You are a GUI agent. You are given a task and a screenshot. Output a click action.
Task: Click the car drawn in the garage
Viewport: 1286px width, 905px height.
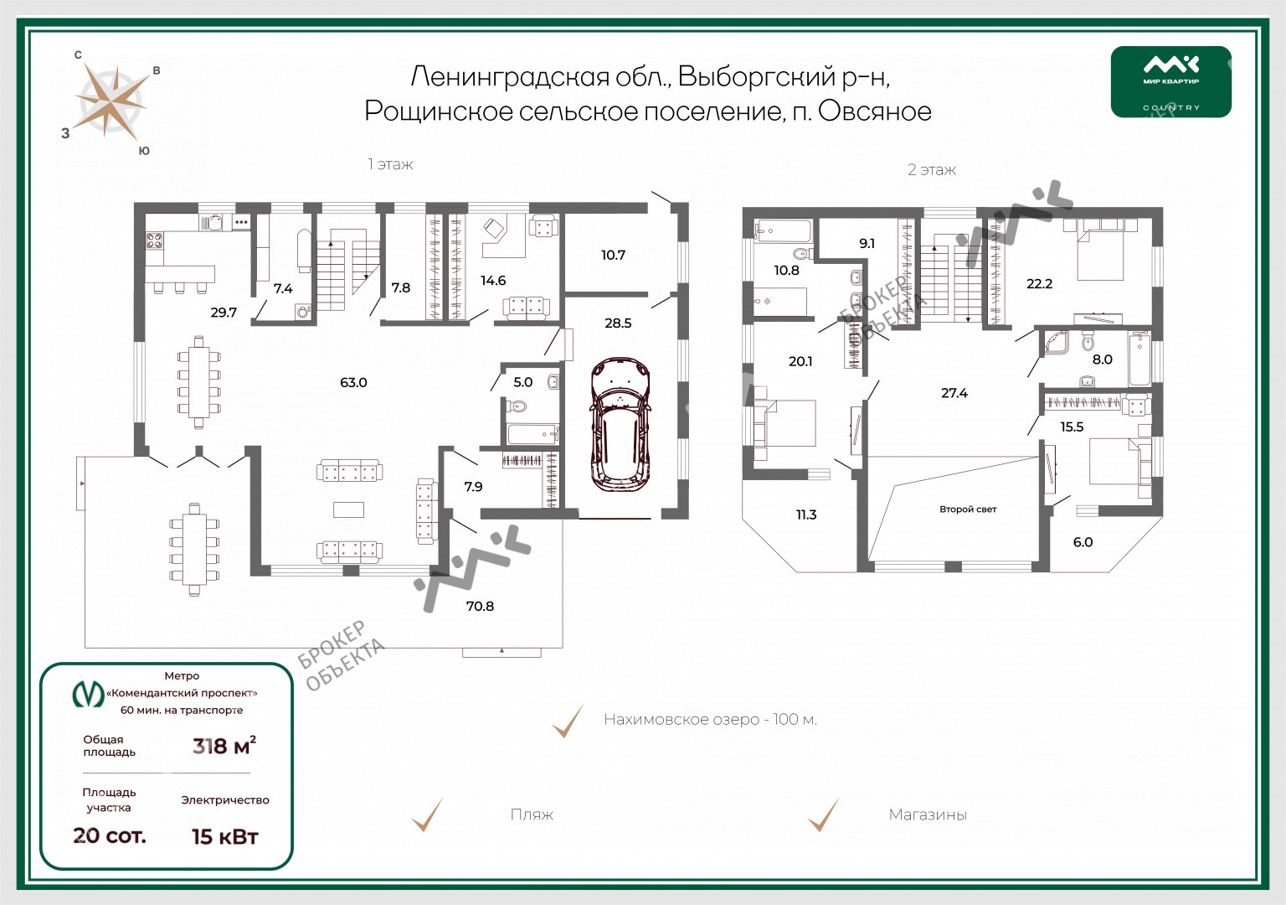(620, 425)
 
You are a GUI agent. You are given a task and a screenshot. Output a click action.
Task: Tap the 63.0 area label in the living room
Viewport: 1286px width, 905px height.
(353, 382)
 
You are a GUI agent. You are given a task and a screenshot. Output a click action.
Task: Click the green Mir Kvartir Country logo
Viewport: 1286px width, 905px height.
(1171, 81)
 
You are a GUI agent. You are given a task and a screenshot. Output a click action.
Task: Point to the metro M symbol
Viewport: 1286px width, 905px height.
(88, 694)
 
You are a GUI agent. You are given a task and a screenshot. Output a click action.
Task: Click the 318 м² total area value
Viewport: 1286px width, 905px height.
(224, 746)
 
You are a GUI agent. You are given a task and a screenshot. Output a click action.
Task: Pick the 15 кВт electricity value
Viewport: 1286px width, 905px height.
(225, 836)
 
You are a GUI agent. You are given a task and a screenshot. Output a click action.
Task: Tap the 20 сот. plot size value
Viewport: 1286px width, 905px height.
(110, 835)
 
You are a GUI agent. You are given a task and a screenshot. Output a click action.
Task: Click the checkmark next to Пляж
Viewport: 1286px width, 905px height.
(427, 814)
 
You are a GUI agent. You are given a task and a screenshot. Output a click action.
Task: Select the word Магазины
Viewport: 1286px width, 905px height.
(928, 814)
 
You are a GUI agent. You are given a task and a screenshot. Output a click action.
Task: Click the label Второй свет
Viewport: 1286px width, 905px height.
(968, 509)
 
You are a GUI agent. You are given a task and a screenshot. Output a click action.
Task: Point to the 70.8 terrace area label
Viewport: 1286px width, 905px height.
(480, 606)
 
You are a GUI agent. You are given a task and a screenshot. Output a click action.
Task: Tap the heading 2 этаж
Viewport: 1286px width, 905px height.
(932, 170)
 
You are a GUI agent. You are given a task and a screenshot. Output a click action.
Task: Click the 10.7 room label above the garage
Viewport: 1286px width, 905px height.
(613, 255)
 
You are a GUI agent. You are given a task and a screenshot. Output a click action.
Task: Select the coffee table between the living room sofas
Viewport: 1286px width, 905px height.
(348, 509)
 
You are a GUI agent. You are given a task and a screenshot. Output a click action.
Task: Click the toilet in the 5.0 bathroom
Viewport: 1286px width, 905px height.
(517, 406)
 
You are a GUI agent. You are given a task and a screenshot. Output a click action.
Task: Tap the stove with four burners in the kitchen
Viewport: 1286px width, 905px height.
(154, 240)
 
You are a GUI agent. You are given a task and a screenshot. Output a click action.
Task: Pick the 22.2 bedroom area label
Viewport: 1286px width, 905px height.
(1039, 284)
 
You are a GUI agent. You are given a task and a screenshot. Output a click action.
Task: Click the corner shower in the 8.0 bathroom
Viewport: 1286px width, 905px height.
(1057, 343)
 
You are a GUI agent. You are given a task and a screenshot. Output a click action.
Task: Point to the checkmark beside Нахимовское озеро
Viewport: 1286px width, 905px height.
(568, 721)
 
